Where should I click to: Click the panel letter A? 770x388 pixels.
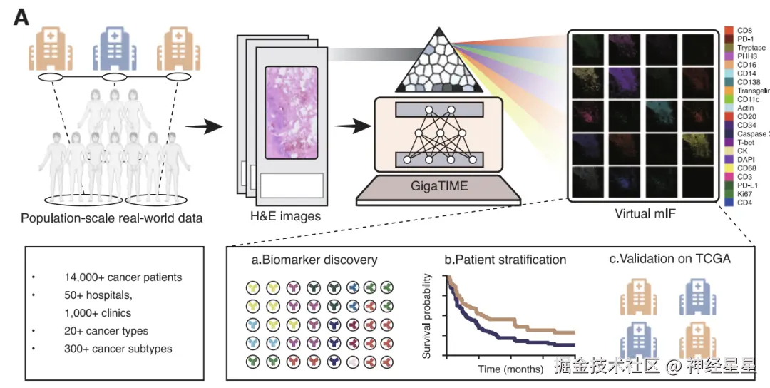(x=21, y=18)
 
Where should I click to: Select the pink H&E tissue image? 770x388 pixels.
(x=294, y=111)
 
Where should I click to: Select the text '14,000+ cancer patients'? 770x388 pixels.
(x=122, y=277)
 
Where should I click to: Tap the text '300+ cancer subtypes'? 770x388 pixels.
(x=117, y=349)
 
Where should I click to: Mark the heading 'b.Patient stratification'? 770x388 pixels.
(x=505, y=260)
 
